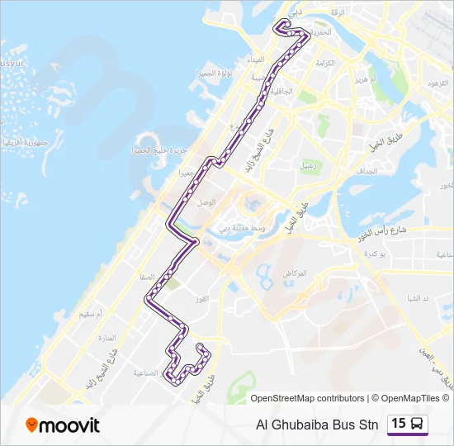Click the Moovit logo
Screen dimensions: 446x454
pyautogui.click(x=63, y=425)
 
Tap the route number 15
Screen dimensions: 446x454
pyautogui.click(x=399, y=424)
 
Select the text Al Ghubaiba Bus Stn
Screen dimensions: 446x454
pyautogui.click(x=317, y=425)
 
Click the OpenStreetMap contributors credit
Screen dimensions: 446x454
pyautogui.click(x=307, y=398)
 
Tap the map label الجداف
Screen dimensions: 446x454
pyautogui.click(x=367, y=171)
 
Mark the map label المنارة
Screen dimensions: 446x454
pyautogui.click(x=107, y=338)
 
